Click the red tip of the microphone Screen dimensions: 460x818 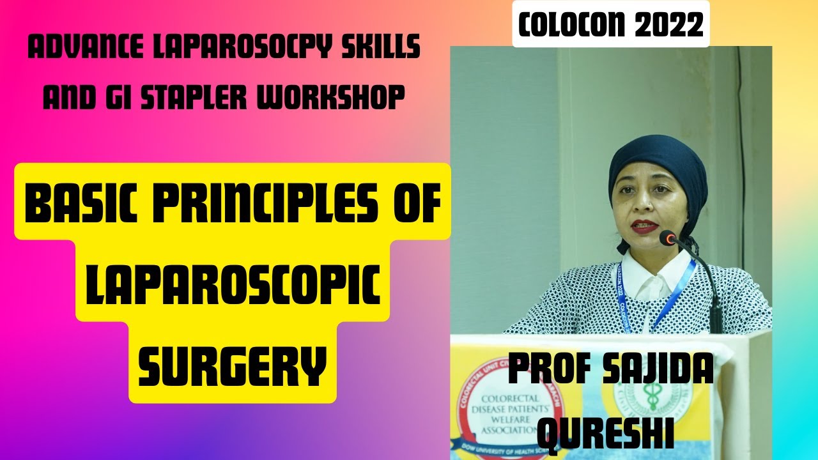coord(668,239)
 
